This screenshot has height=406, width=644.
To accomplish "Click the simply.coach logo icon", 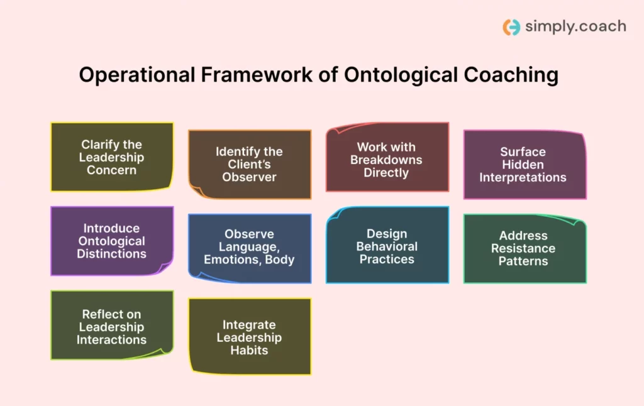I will point(511,27).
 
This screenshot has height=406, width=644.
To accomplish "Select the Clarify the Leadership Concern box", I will point(111,157).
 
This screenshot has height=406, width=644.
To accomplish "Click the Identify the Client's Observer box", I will point(249,164).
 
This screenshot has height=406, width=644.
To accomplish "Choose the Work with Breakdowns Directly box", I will point(387,157).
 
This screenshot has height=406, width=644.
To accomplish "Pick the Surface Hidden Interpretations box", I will point(524,165).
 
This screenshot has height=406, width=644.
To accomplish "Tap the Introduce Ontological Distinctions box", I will point(111,241).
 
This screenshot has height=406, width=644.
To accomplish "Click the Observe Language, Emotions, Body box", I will point(249,248).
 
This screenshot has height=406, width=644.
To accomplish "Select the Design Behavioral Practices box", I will point(387,245).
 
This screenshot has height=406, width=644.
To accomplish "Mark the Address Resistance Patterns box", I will point(524,248).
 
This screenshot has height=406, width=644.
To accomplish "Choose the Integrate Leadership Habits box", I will point(249,336).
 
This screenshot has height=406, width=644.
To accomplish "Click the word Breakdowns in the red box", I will point(386,160).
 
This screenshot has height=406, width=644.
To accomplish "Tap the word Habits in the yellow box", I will point(249,350).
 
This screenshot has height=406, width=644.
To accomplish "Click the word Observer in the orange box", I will point(249,177).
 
